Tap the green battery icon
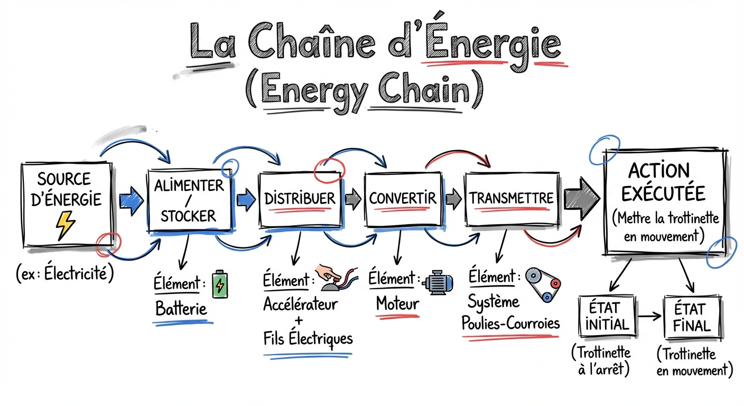(x=219, y=285)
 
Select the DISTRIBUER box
(x=300, y=199)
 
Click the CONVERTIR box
(x=402, y=199)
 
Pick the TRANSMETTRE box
(x=512, y=198)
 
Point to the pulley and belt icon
(x=544, y=284)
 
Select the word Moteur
(x=397, y=303)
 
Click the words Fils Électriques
(x=308, y=338)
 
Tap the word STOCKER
(x=189, y=216)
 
